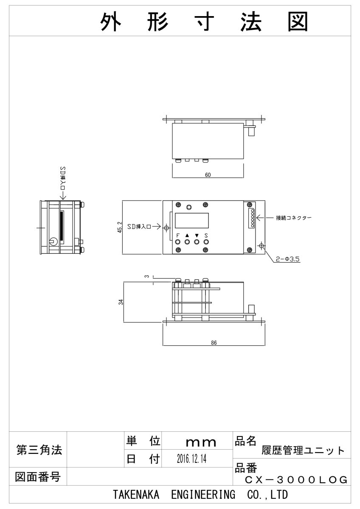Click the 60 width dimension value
click(208, 175)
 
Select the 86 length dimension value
click(214, 343)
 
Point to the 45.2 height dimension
click(120, 227)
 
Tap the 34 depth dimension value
click(121, 302)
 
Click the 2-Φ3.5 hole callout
click(287, 259)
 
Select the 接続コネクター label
click(294, 218)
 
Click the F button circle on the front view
click(178, 242)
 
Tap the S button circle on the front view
click(206, 242)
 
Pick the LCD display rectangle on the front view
click(192, 221)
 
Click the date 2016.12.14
click(191, 459)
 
